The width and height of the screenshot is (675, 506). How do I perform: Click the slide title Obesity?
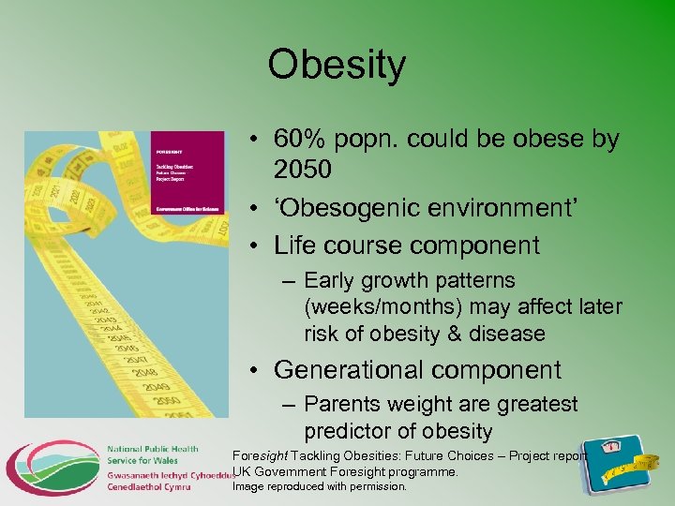(337, 66)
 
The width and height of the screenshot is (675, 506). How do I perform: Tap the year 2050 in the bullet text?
(304, 170)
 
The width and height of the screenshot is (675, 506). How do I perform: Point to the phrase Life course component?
(407, 246)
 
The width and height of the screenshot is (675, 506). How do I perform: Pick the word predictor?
(352, 432)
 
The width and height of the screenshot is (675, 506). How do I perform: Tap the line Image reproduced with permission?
(320, 487)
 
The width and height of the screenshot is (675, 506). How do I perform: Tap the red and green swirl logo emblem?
(52, 466)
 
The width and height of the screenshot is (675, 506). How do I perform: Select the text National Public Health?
(152, 450)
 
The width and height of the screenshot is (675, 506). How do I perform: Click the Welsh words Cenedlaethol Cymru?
(148, 487)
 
